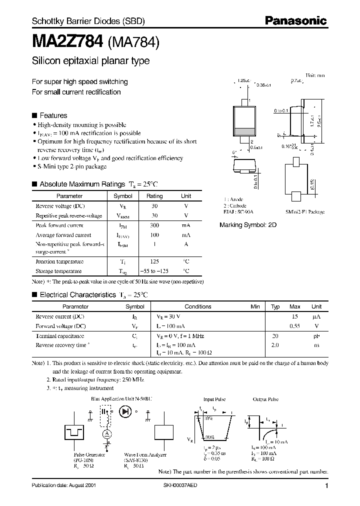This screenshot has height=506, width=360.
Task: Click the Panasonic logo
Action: (x=295, y=21)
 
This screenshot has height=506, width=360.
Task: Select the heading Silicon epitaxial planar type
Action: (x=90, y=61)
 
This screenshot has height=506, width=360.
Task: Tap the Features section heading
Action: (x=53, y=115)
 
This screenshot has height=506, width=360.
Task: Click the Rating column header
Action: (x=154, y=196)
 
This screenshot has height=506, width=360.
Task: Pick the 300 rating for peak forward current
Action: (x=154, y=225)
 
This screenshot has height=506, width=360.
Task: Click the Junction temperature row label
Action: (x=59, y=261)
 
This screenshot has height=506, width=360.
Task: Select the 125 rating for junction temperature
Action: (x=154, y=261)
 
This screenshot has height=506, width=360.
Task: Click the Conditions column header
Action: (x=198, y=306)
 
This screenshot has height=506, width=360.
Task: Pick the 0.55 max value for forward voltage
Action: (x=295, y=326)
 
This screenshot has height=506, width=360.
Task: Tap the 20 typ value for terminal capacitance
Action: (x=275, y=336)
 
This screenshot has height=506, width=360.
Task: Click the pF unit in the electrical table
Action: (x=316, y=336)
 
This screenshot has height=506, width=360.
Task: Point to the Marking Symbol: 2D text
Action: (x=248, y=225)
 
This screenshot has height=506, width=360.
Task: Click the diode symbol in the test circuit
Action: (x=125, y=411)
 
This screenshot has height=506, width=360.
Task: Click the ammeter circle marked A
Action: (x=106, y=433)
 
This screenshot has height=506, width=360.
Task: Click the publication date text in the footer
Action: (x=63, y=485)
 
